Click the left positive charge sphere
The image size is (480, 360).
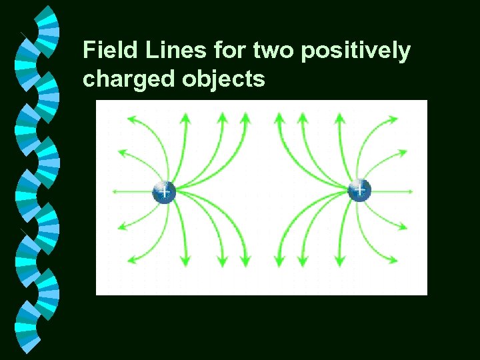pyautogui.click(x=164, y=191)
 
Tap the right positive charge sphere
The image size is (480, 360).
pyautogui.click(x=359, y=191)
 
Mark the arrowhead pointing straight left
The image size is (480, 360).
pyautogui.click(x=115, y=191)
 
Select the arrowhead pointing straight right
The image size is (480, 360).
pyautogui.click(x=408, y=191)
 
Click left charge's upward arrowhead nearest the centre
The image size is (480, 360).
pyautogui.click(x=245, y=119)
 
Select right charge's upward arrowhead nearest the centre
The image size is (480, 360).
pyautogui.click(x=278, y=119)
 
